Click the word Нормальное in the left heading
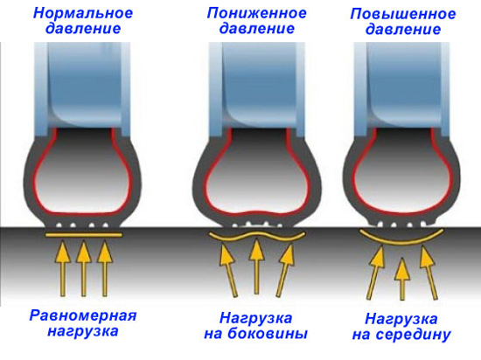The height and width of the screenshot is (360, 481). point(83,13)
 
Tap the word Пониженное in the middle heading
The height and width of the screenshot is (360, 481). point(257,13)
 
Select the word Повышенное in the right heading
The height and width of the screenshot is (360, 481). point(403,14)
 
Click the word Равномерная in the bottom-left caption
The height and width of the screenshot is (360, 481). point(83,316)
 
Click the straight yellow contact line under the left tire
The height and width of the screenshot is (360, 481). point(84,235)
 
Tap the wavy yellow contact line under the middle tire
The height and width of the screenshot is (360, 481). point(257,236)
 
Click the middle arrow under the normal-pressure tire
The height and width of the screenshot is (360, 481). point(83,269)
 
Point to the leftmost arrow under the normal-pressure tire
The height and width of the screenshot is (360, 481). point(63,269)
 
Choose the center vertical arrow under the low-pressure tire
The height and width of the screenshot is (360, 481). point(256,266)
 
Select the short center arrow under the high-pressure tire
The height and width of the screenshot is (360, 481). point(402,279)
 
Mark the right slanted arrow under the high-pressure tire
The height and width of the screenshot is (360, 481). point(429,273)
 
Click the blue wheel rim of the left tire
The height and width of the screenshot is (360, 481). point(82,89)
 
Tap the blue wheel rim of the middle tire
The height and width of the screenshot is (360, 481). point(257,89)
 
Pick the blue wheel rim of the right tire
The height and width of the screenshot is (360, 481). point(402,89)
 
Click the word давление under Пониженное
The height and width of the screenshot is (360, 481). point(257,29)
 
